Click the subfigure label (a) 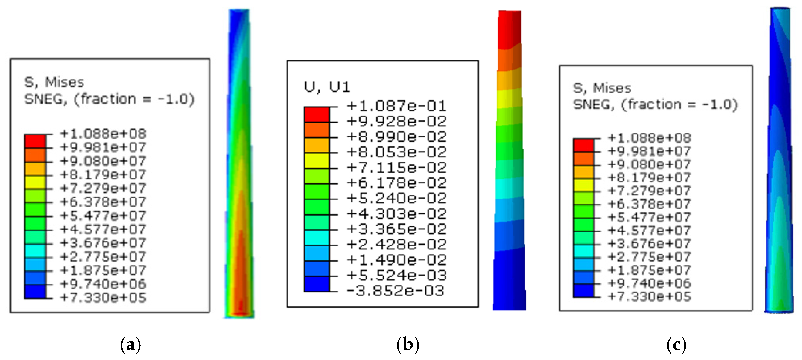coord(130,345)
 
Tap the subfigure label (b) coord(408,345)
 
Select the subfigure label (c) coord(676,345)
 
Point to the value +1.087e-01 coord(396,106)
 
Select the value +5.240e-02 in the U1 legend coord(396,198)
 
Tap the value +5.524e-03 coord(396,275)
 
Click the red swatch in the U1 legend coord(317,115)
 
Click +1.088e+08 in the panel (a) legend coord(103,134)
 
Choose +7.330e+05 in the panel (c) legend coord(649,296)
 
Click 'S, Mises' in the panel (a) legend coord(54,82)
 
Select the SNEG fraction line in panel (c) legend coord(655,105)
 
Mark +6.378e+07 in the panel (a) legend coord(103,202)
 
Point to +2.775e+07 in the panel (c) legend coord(649,257)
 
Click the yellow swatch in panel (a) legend coord(35,182)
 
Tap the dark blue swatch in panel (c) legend coord(584,291)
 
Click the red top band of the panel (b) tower coord(509,30)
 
